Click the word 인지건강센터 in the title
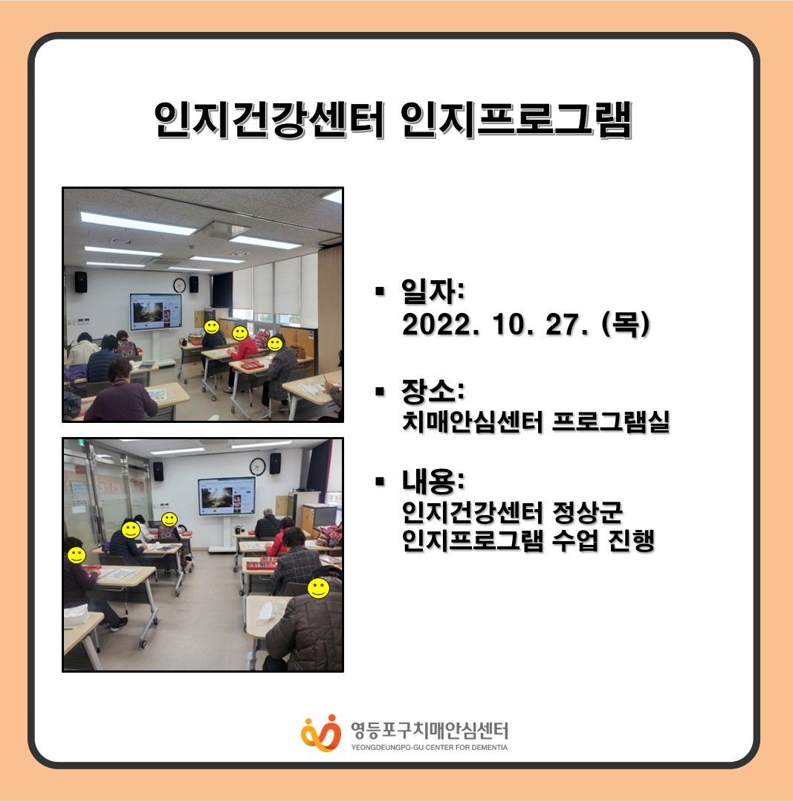pyautogui.click(x=269, y=120)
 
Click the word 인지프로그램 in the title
pyautogui.click(x=517, y=120)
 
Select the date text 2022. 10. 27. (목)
pyautogui.click(x=525, y=324)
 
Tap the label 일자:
pyautogui.click(x=433, y=291)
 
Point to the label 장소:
pyautogui.click(x=433, y=391)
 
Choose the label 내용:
pyautogui.click(x=433, y=482)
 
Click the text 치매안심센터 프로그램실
pyautogui.click(x=536, y=422)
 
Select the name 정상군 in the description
pyautogui.click(x=587, y=513)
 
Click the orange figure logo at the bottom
pyautogui.click(x=321, y=734)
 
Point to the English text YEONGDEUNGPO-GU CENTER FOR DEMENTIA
pyautogui.click(x=430, y=747)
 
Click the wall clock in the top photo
pyautogui.click(x=179, y=285)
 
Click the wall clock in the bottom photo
pyautogui.click(x=258, y=467)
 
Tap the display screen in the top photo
pyautogui.click(x=156, y=311)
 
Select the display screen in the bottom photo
pyautogui.click(x=227, y=496)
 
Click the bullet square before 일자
pyautogui.click(x=379, y=291)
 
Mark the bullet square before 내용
pyautogui.click(x=379, y=482)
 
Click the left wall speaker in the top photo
pyautogui.click(x=81, y=282)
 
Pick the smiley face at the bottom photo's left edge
pyautogui.click(x=77, y=555)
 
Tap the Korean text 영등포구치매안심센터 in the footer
pyautogui.click(x=430, y=731)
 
